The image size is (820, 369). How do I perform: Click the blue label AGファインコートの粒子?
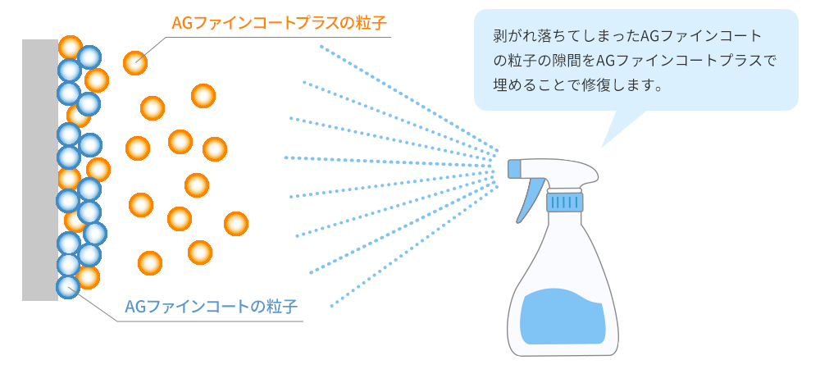point(212,307)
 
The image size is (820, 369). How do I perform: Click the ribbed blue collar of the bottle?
point(565,202)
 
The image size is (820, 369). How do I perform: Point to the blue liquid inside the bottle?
point(564,317)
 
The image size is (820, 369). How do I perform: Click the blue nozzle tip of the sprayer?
point(515,169)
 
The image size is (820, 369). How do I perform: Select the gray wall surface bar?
point(39,170)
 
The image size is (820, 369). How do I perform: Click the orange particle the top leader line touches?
point(135,63)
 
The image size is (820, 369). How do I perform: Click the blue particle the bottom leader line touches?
point(68,286)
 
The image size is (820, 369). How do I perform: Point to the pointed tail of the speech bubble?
point(603,146)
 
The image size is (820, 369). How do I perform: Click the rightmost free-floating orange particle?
point(236,224)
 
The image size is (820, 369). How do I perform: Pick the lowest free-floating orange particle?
point(150,263)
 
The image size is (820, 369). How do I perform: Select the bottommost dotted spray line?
point(415,246)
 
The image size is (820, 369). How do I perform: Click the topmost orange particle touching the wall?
point(71,47)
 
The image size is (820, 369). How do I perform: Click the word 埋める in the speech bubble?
point(516,84)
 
